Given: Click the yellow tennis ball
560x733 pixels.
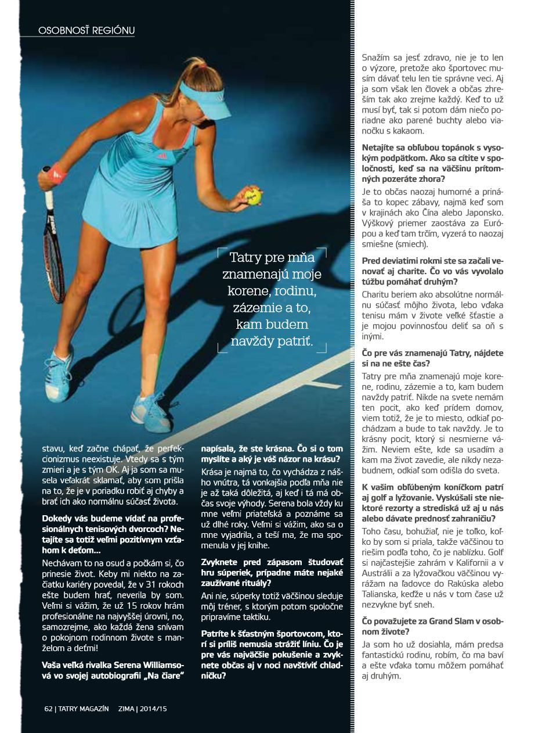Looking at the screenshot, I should (x=253, y=196).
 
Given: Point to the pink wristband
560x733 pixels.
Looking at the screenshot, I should (x=57, y=173).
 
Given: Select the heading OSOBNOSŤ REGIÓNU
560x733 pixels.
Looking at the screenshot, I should (x=86, y=30).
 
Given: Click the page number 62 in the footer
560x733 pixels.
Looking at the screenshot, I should (x=49, y=709).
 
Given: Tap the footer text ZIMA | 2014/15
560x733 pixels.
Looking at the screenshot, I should (x=142, y=709).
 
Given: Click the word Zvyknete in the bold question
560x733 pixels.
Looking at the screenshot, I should (x=219, y=562).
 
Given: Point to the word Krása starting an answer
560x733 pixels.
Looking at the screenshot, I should (x=212, y=472).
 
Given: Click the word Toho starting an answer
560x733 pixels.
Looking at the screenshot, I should (x=371, y=531).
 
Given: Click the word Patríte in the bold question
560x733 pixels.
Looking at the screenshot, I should (x=216, y=634).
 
